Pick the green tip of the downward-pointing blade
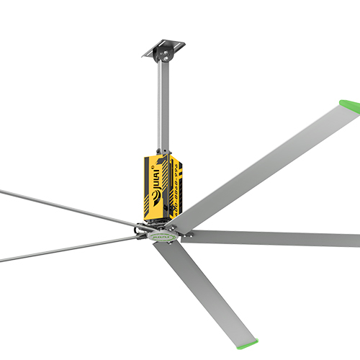pyautogui.click(x=248, y=336)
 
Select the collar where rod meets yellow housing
pyautogui.click(x=160, y=150)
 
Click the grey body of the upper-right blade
pyautogui.click(x=266, y=162)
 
